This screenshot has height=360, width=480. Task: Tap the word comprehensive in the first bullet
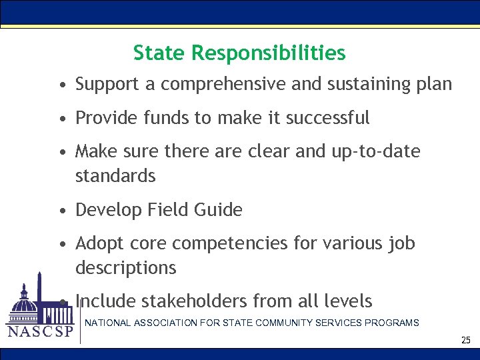pos(223,85)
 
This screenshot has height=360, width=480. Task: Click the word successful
pos(327,118)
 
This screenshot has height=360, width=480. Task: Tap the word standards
pos(115,176)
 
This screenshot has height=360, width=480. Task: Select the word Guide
pos(218,210)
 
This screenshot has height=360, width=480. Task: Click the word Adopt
pos(97,244)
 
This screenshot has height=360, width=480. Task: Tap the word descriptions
pos(126,268)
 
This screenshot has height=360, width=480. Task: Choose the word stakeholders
pos(193,301)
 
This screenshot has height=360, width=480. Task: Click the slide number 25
pos(465,341)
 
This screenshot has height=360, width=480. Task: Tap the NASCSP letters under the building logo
pos(39,332)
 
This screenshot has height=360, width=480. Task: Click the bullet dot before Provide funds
pos(61,119)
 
